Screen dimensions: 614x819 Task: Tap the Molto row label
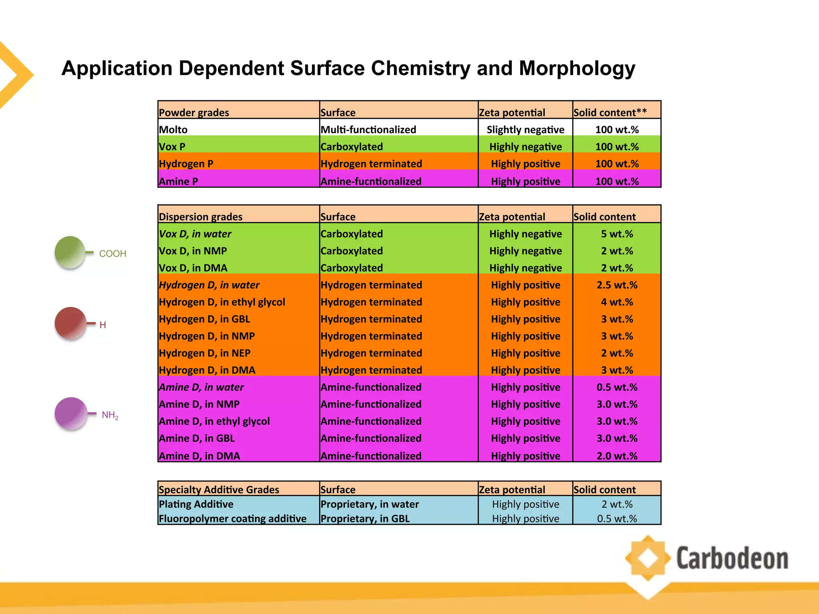click(x=173, y=130)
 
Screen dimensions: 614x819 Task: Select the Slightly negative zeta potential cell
click(x=525, y=130)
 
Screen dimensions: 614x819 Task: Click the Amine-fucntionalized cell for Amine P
click(x=371, y=181)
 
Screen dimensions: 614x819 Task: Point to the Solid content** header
click(x=610, y=112)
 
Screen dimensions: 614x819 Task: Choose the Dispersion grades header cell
click(x=200, y=217)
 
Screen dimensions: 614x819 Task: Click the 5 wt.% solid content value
click(x=617, y=234)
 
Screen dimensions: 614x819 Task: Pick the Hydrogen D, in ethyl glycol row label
click(x=222, y=302)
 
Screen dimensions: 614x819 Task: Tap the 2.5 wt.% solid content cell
click(x=617, y=285)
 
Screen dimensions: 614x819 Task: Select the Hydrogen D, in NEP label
click(x=204, y=353)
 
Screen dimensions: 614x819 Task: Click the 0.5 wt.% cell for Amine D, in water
click(x=617, y=387)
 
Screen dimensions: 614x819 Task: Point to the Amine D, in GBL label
click(x=196, y=438)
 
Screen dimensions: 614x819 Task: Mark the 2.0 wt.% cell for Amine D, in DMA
click(x=617, y=456)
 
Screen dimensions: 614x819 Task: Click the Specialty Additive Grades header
click(x=219, y=489)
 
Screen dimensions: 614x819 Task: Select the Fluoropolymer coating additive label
click(x=232, y=518)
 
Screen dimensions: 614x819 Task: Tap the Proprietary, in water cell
click(x=370, y=504)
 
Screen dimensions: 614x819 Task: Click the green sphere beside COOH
click(x=70, y=252)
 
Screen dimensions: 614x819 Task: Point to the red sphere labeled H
click(x=70, y=323)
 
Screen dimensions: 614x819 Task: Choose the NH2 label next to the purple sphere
click(x=110, y=415)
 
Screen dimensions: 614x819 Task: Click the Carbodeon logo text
click(x=732, y=558)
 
